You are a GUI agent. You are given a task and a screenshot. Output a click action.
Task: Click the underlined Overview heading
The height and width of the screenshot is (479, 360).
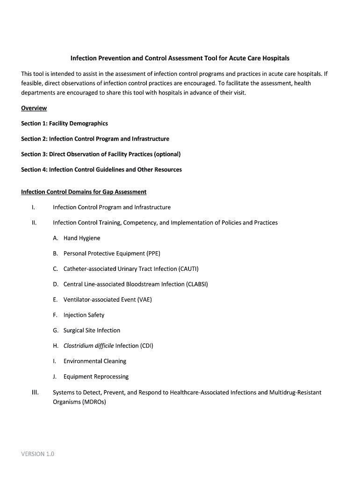[x=34, y=108]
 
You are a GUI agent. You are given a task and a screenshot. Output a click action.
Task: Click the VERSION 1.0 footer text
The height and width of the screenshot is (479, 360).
[x=38, y=454]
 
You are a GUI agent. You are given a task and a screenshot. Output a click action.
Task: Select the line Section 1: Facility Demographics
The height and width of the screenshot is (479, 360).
[x=65, y=123]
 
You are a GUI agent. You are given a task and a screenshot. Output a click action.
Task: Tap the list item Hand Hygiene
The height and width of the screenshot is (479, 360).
[x=82, y=238]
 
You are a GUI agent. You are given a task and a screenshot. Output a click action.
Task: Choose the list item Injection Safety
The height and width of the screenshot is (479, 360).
[x=84, y=315]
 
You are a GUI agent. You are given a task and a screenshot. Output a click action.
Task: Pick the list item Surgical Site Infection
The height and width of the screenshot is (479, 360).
[x=92, y=330]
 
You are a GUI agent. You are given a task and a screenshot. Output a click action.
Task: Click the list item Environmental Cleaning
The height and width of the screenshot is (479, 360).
[x=95, y=361]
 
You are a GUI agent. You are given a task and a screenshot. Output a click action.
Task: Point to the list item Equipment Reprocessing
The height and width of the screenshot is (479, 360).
[x=96, y=377]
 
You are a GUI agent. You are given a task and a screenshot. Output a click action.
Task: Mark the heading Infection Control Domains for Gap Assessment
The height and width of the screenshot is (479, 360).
[x=84, y=192]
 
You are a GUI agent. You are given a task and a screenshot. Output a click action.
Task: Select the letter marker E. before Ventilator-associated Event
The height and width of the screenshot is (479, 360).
[x=55, y=300]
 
